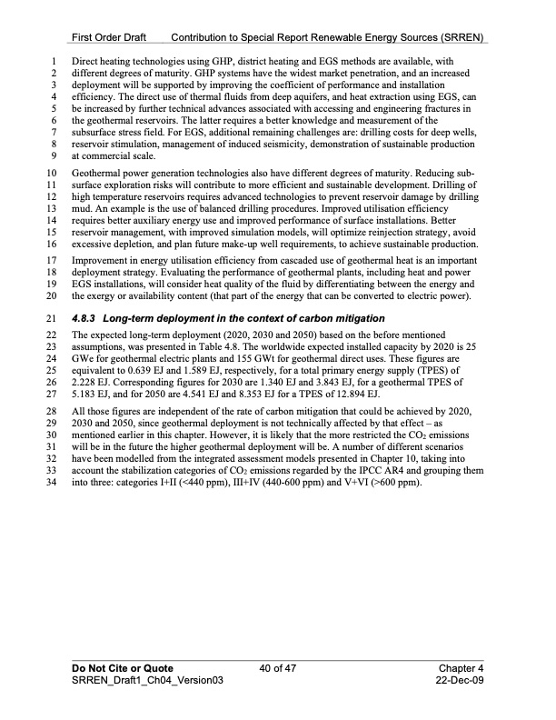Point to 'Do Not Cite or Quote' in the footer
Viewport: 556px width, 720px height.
coord(123,668)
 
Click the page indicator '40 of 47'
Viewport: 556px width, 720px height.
coord(277,668)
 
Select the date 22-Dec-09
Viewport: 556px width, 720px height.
coord(458,681)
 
